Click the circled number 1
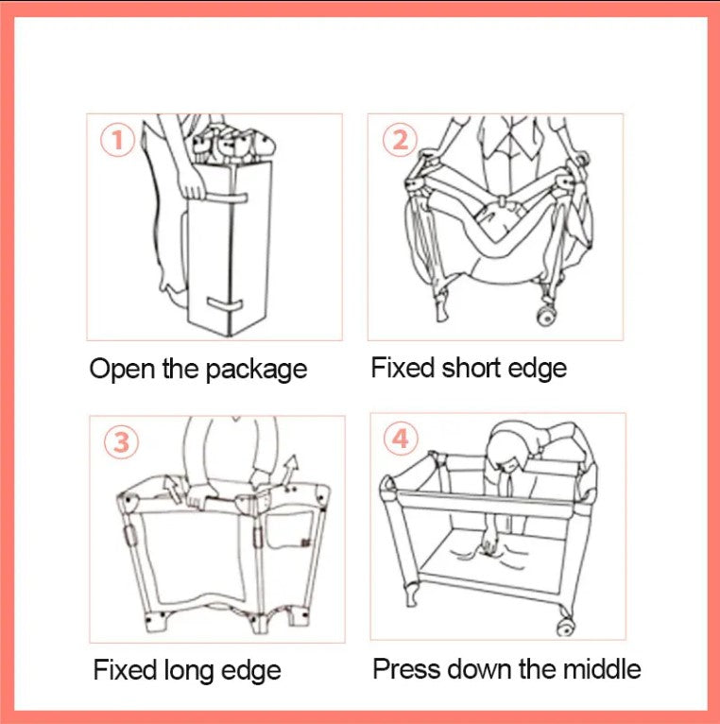[117, 140]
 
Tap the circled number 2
[400, 139]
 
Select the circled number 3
[121, 442]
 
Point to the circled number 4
[401, 440]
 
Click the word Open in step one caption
[122, 370]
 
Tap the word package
[256, 371]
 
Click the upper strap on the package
[227, 198]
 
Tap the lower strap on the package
[225, 305]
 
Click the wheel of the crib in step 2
[547, 318]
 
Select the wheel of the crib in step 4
[566, 627]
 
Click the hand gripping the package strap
[193, 188]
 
